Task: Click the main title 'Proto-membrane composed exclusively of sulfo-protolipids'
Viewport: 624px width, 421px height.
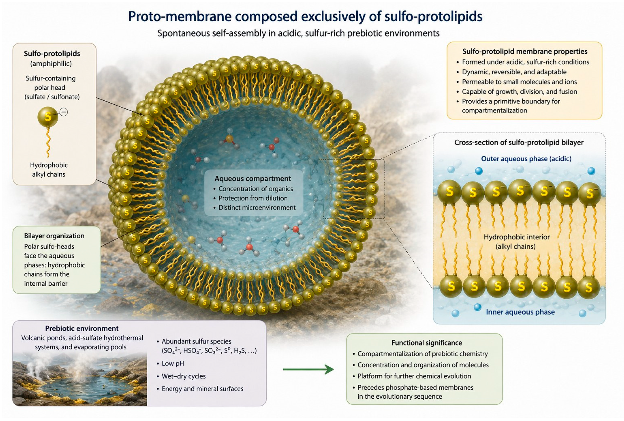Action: [x=305, y=16]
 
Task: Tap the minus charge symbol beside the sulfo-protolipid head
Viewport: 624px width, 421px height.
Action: [x=64, y=112]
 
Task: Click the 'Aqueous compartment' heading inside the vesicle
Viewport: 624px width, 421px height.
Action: [x=253, y=179]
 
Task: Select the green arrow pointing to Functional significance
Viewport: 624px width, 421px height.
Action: [x=308, y=369]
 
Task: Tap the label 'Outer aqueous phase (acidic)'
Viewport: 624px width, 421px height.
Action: [x=526, y=159]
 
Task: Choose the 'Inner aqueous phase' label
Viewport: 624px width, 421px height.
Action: [x=520, y=312]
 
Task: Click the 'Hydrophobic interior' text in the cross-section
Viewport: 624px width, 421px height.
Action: [x=517, y=237]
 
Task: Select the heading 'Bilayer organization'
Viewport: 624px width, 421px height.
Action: [x=54, y=236]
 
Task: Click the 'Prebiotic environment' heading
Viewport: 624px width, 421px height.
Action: [x=82, y=328]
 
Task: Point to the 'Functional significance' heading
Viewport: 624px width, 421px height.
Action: [x=427, y=343]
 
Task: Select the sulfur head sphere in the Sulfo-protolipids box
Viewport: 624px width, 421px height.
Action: [x=48, y=117]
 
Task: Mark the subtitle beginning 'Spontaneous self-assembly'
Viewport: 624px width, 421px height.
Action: [x=298, y=33]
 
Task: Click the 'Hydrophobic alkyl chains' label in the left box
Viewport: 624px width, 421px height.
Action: [x=49, y=170]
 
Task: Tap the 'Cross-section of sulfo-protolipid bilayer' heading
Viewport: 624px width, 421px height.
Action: [x=519, y=142]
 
